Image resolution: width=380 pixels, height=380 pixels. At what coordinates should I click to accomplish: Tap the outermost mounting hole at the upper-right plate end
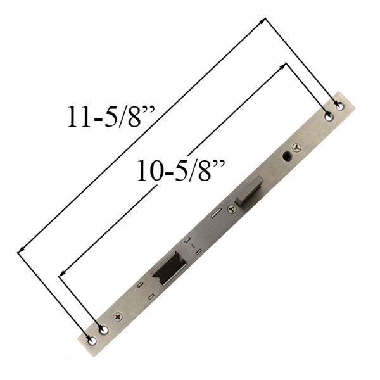click(339, 106)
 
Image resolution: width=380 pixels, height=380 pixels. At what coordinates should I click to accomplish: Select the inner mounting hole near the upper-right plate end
click(328, 116)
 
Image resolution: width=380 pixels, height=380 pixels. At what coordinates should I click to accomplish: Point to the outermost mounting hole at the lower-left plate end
click(92, 340)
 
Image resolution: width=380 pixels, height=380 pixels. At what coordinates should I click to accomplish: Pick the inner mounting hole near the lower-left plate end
click(104, 330)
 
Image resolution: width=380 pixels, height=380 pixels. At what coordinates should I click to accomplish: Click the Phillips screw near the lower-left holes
click(118, 317)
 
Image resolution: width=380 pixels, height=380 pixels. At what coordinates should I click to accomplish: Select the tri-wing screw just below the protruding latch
click(231, 208)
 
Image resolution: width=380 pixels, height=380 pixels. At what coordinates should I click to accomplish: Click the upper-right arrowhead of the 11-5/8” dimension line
click(263, 21)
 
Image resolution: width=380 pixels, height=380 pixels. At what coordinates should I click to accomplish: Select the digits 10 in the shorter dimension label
click(150, 172)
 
